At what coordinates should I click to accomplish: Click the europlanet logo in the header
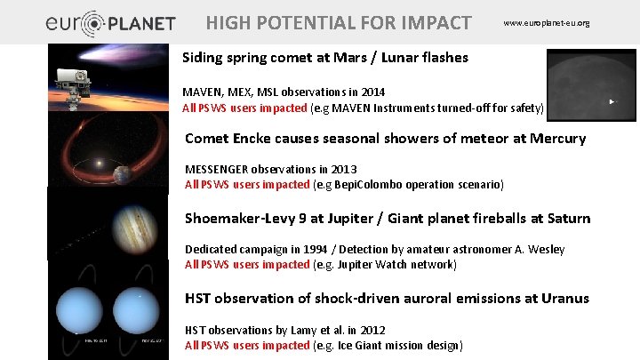(110, 23)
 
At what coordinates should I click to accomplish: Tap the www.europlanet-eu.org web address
(546, 22)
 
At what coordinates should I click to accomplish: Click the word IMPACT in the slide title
(432, 22)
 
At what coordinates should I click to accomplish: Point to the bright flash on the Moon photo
(610, 102)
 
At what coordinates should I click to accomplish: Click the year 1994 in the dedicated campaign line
(306, 249)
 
